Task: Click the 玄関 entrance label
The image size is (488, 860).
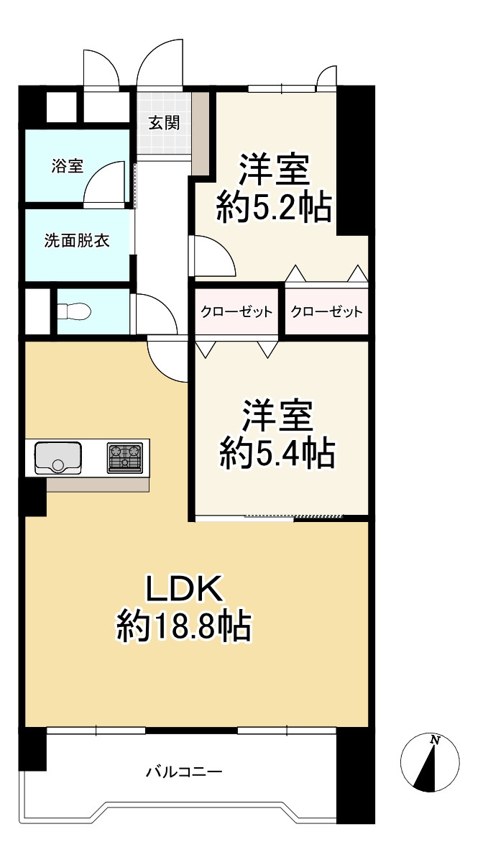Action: [164, 122]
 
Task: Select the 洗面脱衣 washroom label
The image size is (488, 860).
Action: [77, 241]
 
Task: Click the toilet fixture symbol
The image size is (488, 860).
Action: [74, 311]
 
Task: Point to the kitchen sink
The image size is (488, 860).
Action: [57, 458]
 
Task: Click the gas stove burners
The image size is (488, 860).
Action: [125, 458]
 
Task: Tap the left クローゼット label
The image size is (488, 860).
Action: [236, 312]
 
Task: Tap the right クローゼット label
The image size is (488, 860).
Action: [326, 312]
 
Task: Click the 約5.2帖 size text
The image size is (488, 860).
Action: [274, 209]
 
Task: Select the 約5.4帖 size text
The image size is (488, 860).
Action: [277, 454]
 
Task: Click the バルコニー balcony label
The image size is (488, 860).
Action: [184, 773]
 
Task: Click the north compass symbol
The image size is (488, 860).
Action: [429, 762]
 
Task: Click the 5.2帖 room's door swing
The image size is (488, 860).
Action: [213, 257]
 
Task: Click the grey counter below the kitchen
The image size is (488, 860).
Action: [98, 484]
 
